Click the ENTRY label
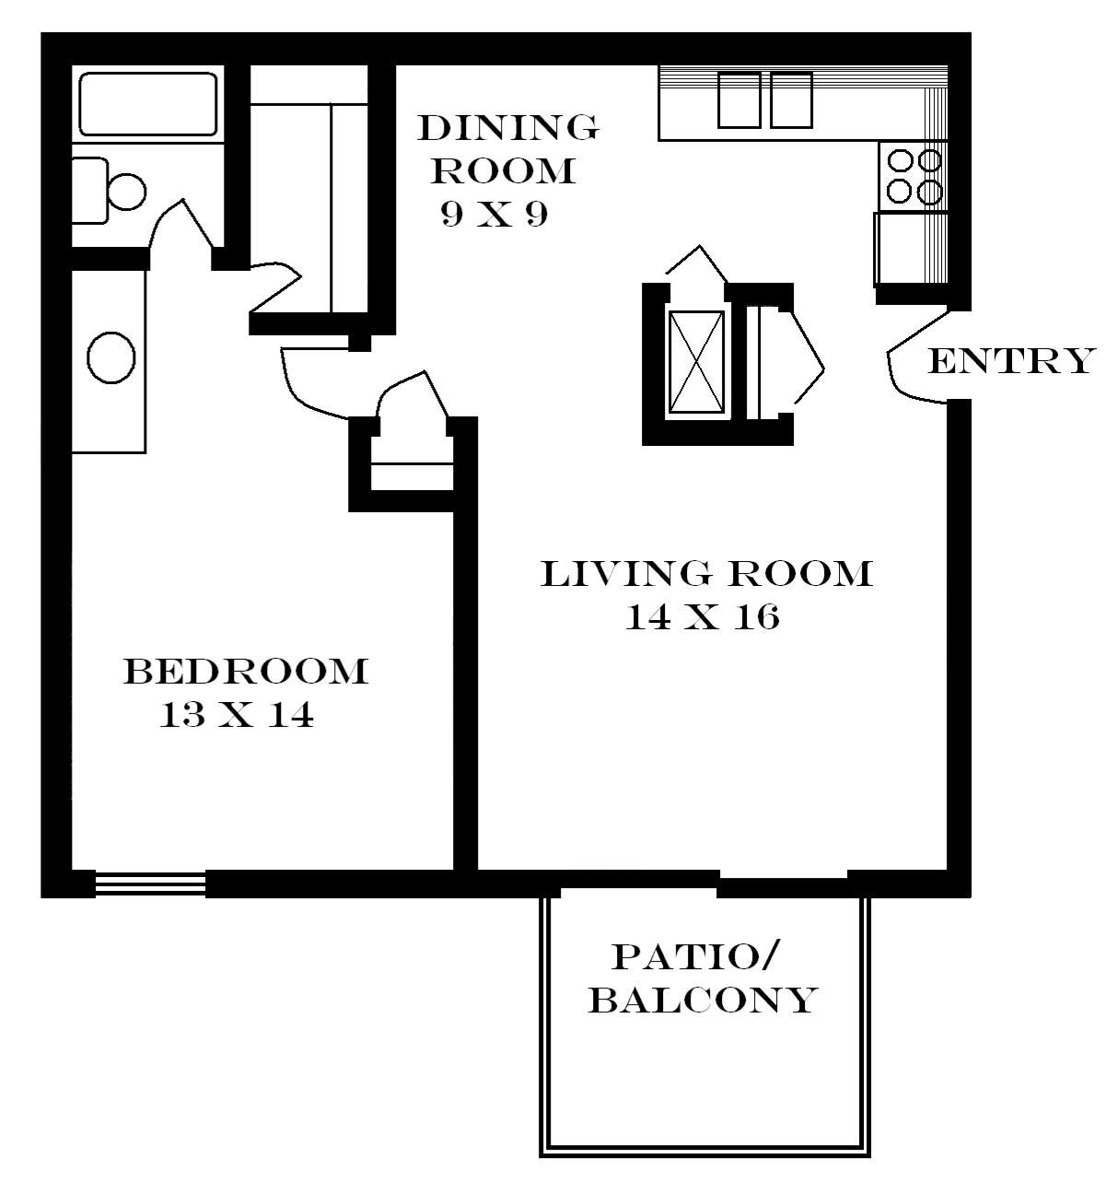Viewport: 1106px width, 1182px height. pyautogui.click(x=1011, y=360)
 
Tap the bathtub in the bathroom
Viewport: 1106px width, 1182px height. pyautogui.click(x=147, y=104)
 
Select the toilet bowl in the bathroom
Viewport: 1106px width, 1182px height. pyautogui.click(x=127, y=191)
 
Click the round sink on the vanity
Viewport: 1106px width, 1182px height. pyautogui.click(x=111, y=357)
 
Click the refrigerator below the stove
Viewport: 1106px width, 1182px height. pyautogui.click(x=911, y=248)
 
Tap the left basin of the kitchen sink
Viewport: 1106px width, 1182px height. pyautogui.click(x=739, y=100)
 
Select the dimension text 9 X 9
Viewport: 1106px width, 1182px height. pyautogui.click(x=494, y=214)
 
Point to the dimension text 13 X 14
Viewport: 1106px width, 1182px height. pyautogui.click(x=237, y=714)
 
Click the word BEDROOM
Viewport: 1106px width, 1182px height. pyautogui.click(x=245, y=672)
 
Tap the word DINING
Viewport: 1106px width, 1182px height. pyautogui.click(x=507, y=127)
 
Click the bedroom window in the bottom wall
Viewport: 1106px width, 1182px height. pyautogui.click(x=150, y=884)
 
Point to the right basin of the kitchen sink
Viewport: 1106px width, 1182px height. pyautogui.click(x=791, y=100)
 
